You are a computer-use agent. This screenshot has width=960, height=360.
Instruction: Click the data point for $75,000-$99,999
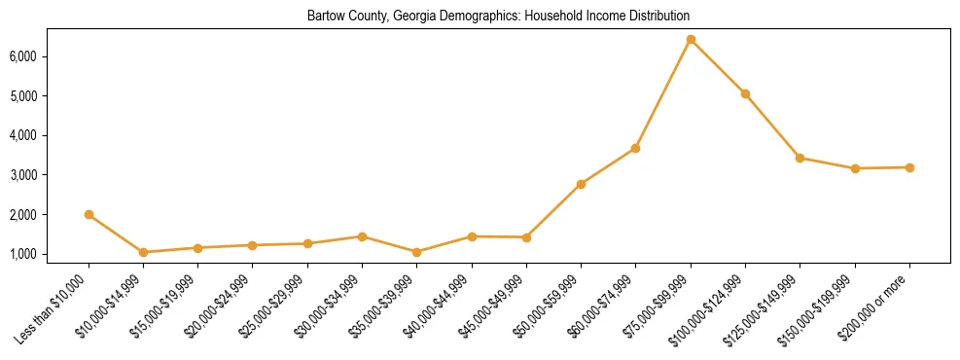(691, 40)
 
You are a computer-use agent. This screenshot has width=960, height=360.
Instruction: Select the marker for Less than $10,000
(89, 214)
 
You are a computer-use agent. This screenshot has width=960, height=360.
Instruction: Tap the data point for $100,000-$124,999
(745, 93)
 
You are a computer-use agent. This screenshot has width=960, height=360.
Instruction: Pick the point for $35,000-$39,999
(417, 252)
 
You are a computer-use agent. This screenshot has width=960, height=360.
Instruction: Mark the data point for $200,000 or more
(909, 167)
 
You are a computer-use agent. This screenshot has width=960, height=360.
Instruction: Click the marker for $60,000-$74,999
(636, 148)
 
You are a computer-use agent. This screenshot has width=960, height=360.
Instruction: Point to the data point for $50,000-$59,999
(581, 184)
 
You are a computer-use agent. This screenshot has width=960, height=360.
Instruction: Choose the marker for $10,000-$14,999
(143, 252)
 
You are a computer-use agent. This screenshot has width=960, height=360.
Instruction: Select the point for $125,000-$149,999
(800, 158)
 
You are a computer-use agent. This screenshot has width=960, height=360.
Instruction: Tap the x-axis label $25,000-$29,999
(278, 302)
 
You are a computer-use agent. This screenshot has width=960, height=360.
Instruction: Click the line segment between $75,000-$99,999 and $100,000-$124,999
(718, 66)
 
